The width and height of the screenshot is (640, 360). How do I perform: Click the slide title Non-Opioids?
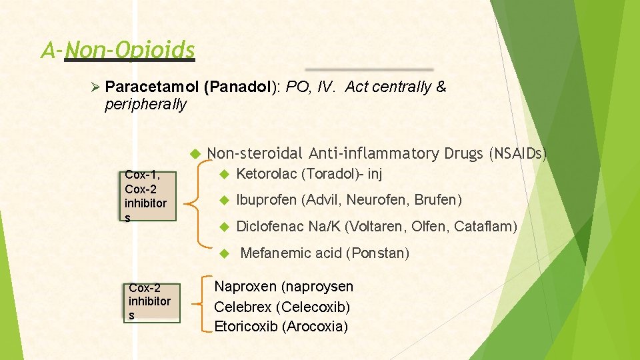(130, 50)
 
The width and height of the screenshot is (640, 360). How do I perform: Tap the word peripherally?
(145, 105)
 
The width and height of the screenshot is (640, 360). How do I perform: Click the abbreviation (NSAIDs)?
(517, 154)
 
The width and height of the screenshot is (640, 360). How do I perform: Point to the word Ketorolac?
(267, 174)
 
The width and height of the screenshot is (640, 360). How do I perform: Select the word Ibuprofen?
(267, 199)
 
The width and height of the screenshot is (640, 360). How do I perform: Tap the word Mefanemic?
(275, 253)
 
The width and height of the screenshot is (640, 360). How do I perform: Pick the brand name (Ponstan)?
(379, 253)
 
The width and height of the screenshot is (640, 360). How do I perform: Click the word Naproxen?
(245, 287)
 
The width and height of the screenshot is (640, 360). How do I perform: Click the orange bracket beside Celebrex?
(203, 303)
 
